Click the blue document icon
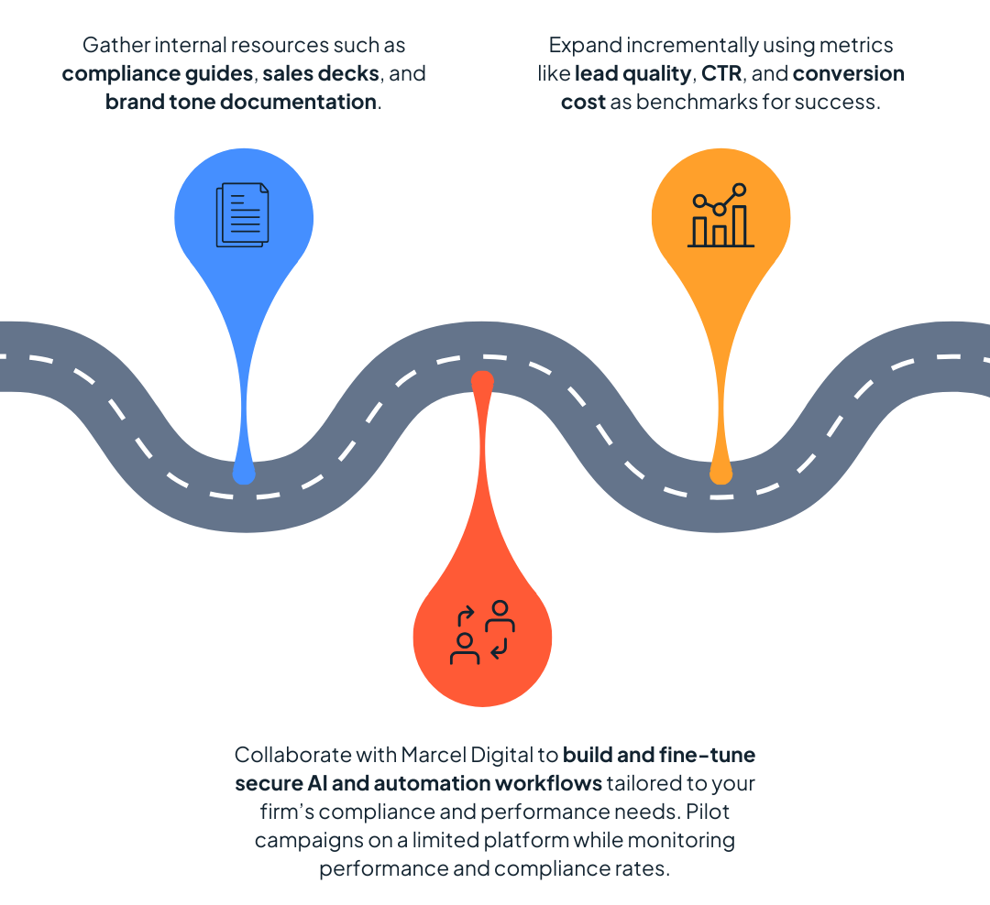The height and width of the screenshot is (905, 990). coord(243,215)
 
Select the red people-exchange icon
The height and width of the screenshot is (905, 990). coord(482,633)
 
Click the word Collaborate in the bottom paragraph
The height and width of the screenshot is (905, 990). coord(292,756)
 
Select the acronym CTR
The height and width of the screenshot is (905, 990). coord(720,73)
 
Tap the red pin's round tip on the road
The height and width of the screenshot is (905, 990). coord(482,378)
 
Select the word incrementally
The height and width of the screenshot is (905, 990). coord(689,45)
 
